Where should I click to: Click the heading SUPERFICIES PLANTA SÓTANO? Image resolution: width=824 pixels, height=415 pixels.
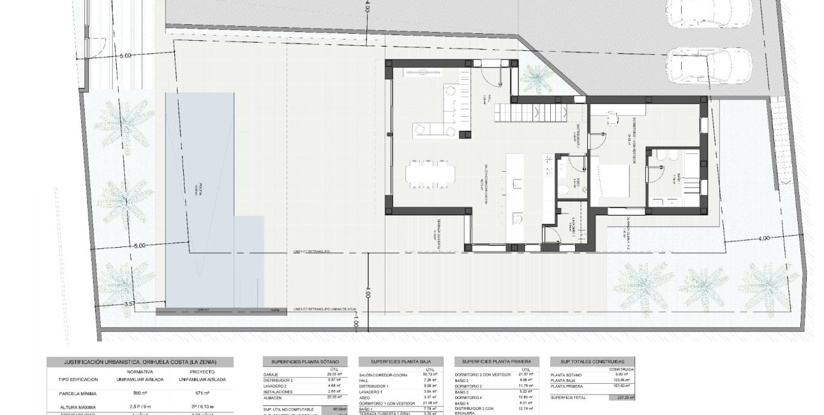(305, 361)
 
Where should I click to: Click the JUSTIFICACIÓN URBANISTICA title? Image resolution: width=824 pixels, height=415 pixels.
(140, 361)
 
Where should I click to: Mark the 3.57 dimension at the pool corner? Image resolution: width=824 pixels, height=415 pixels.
(131, 304)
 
